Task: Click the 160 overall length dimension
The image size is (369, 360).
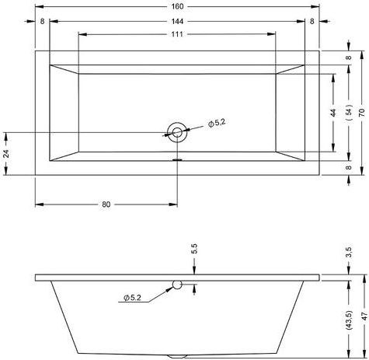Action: click(177, 6)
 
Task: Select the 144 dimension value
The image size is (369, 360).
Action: click(177, 21)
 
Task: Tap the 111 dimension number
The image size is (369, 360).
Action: click(177, 34)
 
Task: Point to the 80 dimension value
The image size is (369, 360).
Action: click(106, 204)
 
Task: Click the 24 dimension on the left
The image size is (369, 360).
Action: click(7, 154)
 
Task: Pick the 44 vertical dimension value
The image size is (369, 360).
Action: click(333, 113)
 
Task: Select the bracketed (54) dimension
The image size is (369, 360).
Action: click(349, 112)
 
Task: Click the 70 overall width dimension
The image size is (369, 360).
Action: click(362, 113)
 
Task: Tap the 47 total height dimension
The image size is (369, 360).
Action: click(364, 316)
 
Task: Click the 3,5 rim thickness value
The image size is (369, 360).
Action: click(349, 252)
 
